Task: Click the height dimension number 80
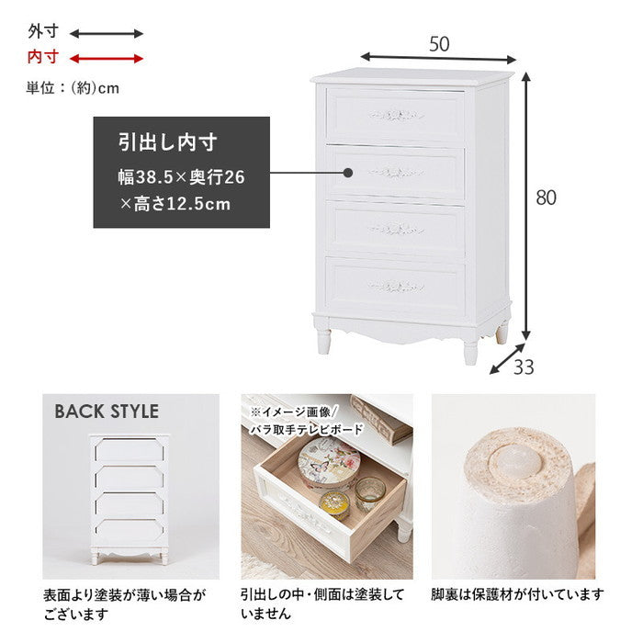pos(547,197)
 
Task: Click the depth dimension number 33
pos(523,367)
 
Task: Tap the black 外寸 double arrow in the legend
pos(107,34)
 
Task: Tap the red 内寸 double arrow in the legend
pos(107,59)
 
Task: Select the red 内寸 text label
pos(42,58)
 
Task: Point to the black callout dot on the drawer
pos(348,172)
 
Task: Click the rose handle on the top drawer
pos(397,116)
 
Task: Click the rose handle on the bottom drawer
pos(397,286)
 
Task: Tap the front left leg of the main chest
pos(323,338)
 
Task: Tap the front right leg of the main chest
pos(470,348)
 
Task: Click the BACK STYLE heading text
pos(107,412)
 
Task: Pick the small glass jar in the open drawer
pos(368,495)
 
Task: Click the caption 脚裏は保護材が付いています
pos(517,594)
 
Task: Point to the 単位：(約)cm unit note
pos(73,89)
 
